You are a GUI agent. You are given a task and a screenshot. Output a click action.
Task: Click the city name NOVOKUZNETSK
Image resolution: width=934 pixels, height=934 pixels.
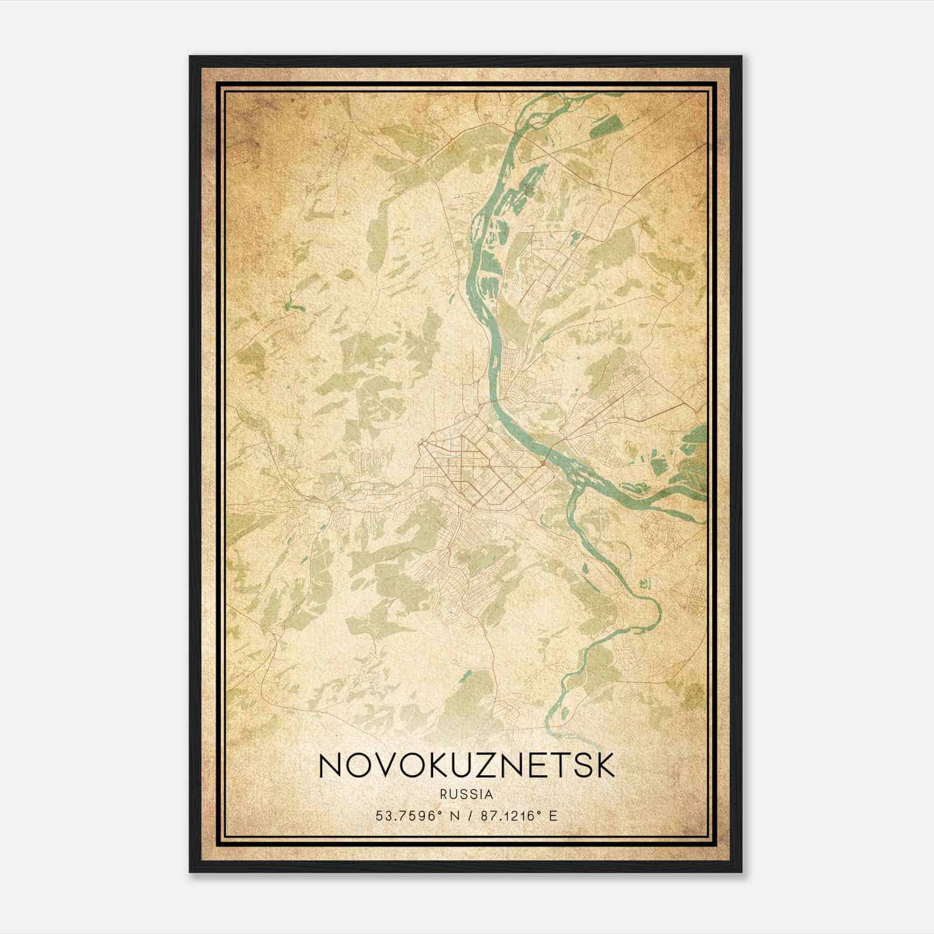[467, 765]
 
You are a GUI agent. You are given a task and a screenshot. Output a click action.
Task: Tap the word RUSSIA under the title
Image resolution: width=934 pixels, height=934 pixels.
[467, 794]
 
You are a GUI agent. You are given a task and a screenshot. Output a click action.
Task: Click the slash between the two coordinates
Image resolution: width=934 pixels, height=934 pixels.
[466, 815]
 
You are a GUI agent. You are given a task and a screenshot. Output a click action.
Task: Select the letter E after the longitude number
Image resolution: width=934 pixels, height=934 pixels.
[553, 815]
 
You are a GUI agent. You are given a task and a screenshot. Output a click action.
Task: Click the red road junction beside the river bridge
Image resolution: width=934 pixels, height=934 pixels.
[543, 463]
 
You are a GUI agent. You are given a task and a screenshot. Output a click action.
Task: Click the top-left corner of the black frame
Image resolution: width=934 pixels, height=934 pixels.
[190, 57]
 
